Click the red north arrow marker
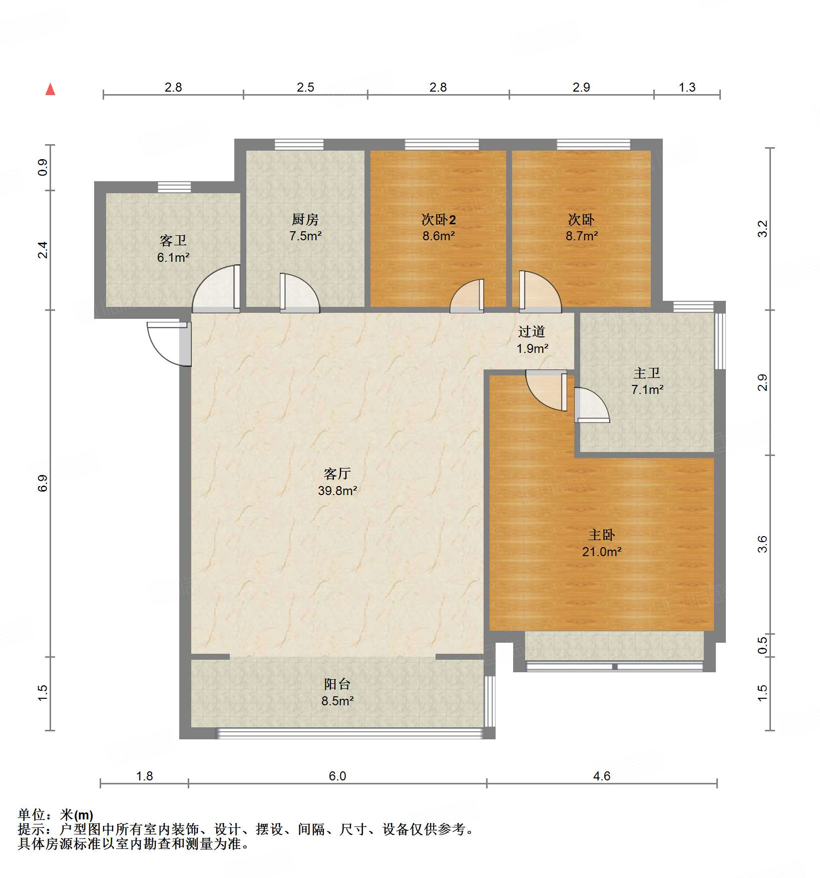click(50, 89)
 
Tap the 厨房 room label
click(305, 219)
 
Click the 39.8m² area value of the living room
click(337, 491)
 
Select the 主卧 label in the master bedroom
click(601, 535)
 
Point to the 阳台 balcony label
click(337, 684)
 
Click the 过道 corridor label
click(531, 331)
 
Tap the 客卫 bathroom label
click(173, 241)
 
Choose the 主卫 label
click(647, 373)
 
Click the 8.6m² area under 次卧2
click(438, 236)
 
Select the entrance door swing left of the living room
click(168, 343)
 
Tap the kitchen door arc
click(299, 294)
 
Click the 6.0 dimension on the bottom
click(337, 776)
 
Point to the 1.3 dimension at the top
click(687, 88)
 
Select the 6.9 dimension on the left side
click(43, 483)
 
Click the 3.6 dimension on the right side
click(762, 544)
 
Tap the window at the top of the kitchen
click(299, 145)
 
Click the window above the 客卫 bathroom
click(174, 187)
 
